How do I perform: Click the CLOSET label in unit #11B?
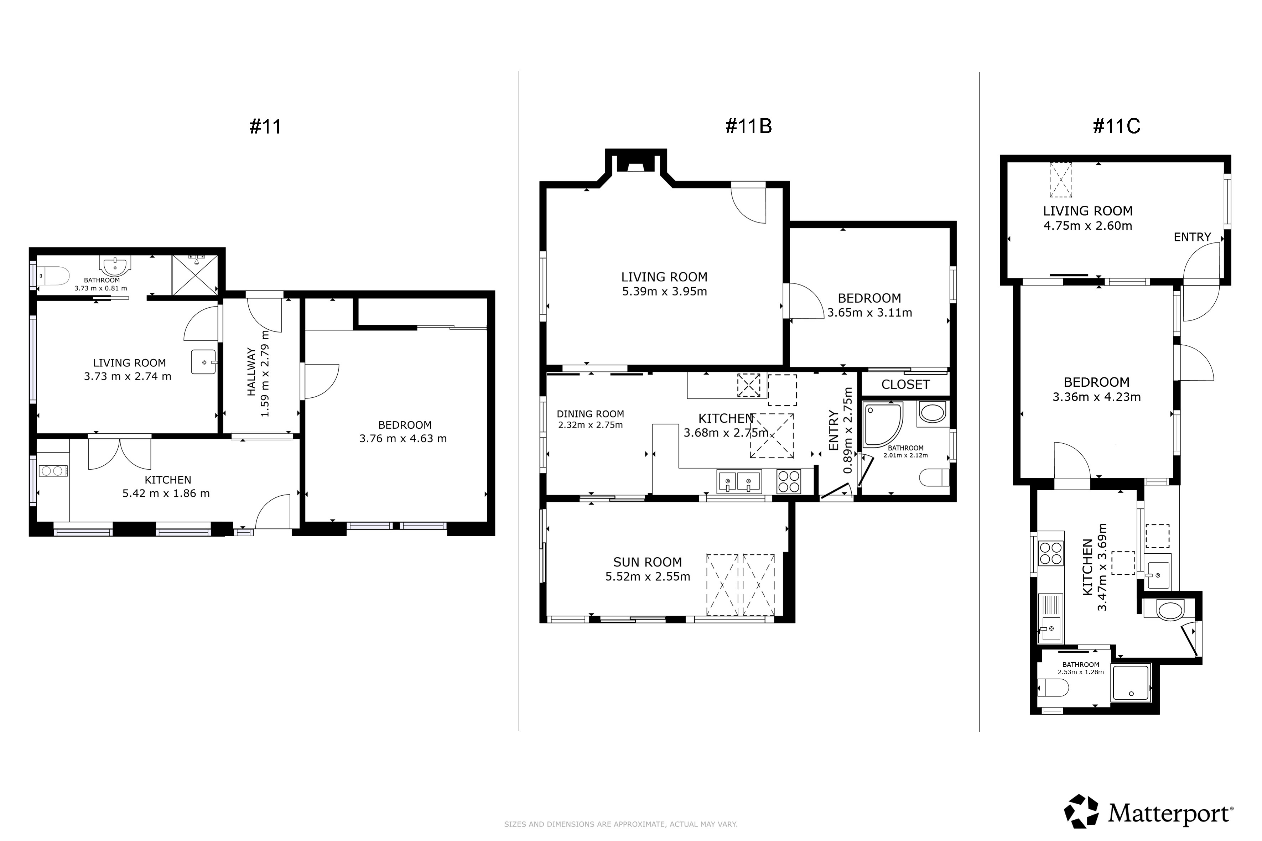click(x=905, y=385)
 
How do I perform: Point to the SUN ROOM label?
click(x=648, y=562)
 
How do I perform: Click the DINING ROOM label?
click(x=590, y=414)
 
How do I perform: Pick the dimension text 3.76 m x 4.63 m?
click(x=403, y=439)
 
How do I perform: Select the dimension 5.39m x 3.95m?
click(x=664, y=292)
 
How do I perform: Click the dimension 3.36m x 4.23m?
click(x=1097, y=397)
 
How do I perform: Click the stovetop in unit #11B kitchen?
click(x=789, y=481)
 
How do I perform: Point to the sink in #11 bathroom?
click(x=115, y=265)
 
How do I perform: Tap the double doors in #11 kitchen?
click(x=120, y=454)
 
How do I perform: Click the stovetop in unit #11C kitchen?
click(x=1050, y=554)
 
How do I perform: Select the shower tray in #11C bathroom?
click(x=1131, y=683)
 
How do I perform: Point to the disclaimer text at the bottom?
click(x=621, y=824)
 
